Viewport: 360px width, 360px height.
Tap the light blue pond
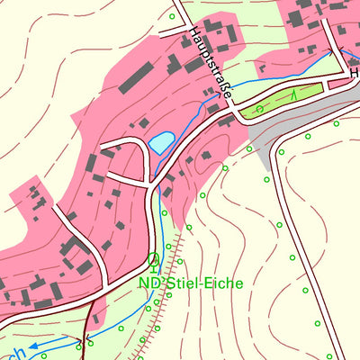pyautogui.click(x=162, y=142)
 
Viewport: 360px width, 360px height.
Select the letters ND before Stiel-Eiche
pyautogui.click(x=148, y=283)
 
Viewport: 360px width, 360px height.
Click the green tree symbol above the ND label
pyautogui.click(x=153, y=262)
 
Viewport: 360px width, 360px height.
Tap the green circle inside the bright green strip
pyautogui.click(x=259, y=109)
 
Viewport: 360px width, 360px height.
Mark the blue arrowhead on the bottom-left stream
pyautogui.click(x=31, y=345)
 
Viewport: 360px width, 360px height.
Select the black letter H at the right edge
pyautogui.click(x=354, y=51)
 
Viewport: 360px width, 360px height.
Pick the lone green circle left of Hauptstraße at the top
pyautogui.click(x=171, y=16)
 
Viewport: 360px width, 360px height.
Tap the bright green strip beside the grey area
pyautogui.click(x=279, y=99)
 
